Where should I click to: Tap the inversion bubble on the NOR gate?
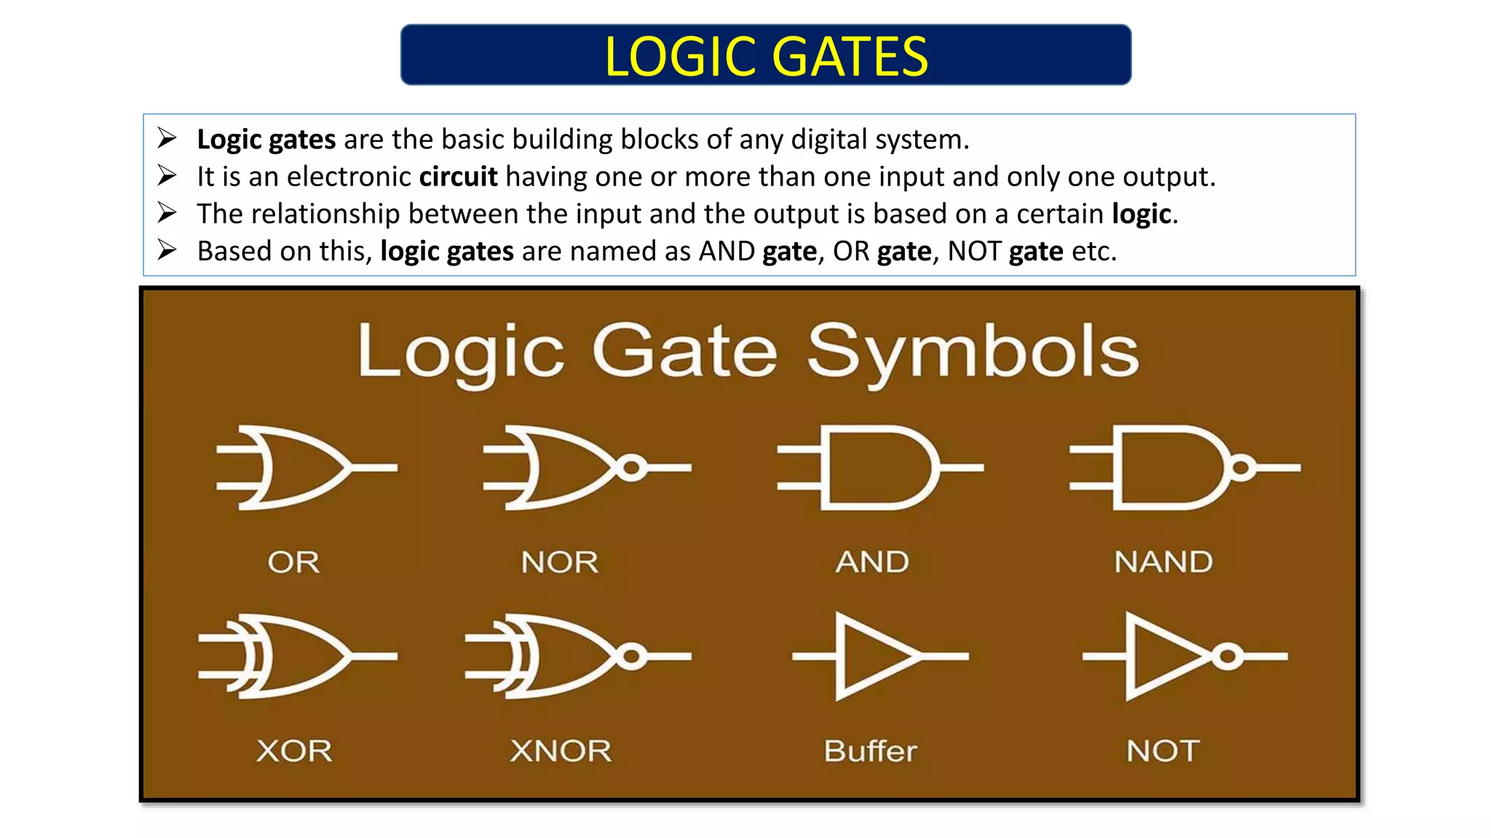tap(632, 468)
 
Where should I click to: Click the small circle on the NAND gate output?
tap(1242, 468)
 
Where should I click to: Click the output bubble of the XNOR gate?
tap(632, 657)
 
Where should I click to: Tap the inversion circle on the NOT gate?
tap(1227, 657)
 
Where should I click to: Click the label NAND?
tap(1163, 562)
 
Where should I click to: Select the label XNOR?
tap(561, 751)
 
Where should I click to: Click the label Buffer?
tap(870, 751)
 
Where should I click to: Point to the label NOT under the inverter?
tap(1163, 751)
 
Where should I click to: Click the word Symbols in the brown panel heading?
tap(973, 353)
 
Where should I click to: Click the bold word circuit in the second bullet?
tap(458, 177)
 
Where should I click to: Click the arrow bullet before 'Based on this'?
tap(167, 250)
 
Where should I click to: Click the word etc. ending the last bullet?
tap(1093, 251)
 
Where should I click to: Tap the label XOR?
tap(294, 751)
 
